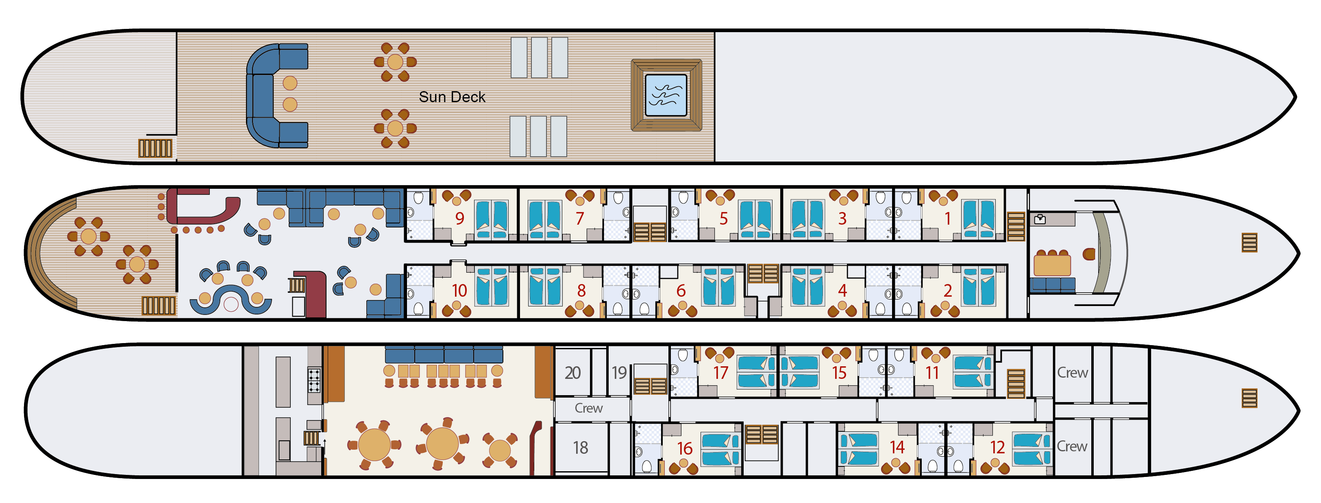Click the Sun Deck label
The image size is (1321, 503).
click(x=452, y=97)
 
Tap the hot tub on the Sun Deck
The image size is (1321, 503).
click(x=666, y=95)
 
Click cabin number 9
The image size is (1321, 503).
click(x=459, y=219)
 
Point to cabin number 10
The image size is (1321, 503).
click(x=459, y=291)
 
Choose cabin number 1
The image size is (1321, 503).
click(x=948, y=219)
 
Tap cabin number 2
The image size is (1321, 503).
click(x=948, y=291)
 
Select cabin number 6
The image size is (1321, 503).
click(x=681, y=291)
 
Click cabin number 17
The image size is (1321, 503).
click(x=720, y=373)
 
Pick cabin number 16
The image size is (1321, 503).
click(x=685, y=448)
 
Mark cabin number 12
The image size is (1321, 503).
click(x=997, y=447)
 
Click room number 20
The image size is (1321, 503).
click(x=573, y=373)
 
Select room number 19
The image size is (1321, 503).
click(x=619, y=373)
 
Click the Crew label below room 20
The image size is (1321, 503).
click(x=588, y=408)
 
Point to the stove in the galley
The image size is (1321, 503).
click(x=314, y=380)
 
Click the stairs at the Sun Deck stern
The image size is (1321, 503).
click(x=155, y=148)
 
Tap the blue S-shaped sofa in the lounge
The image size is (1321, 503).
click(x=231, y=300)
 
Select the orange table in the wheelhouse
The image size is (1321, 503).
click(x=1052, y=265)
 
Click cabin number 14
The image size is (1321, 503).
click(x=897, y=447)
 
